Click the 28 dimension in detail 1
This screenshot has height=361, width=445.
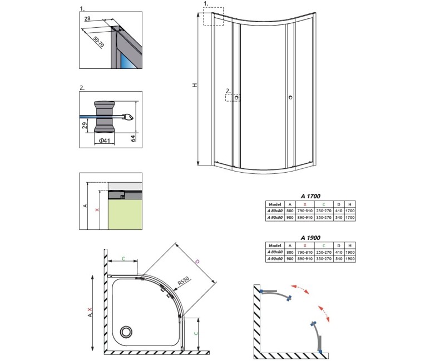pos(87,18)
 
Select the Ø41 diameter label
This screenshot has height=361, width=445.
pos(104,141)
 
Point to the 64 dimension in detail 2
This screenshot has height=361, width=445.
pos(133,138)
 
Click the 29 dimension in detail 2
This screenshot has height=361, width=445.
pos(85,126)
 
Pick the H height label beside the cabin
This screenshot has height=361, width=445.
pos(195,85)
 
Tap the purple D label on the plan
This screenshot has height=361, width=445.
pos(197,262)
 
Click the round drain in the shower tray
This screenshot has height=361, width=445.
pos(126,332)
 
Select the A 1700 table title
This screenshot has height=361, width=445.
pos(310,196)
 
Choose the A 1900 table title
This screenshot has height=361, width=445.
pos(310,238)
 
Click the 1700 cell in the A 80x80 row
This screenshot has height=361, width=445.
pos(350,211)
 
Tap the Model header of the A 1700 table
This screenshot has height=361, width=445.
pos(275,204)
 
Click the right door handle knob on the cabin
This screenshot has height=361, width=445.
pos(290,98)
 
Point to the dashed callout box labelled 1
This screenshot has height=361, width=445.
pos(213,17)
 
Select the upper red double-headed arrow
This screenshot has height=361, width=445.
pos(300,289)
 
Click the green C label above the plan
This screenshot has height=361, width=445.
pos(123,258)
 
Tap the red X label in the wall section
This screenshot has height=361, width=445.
pos(97,210)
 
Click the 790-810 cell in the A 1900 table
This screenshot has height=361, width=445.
pos(305,252)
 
